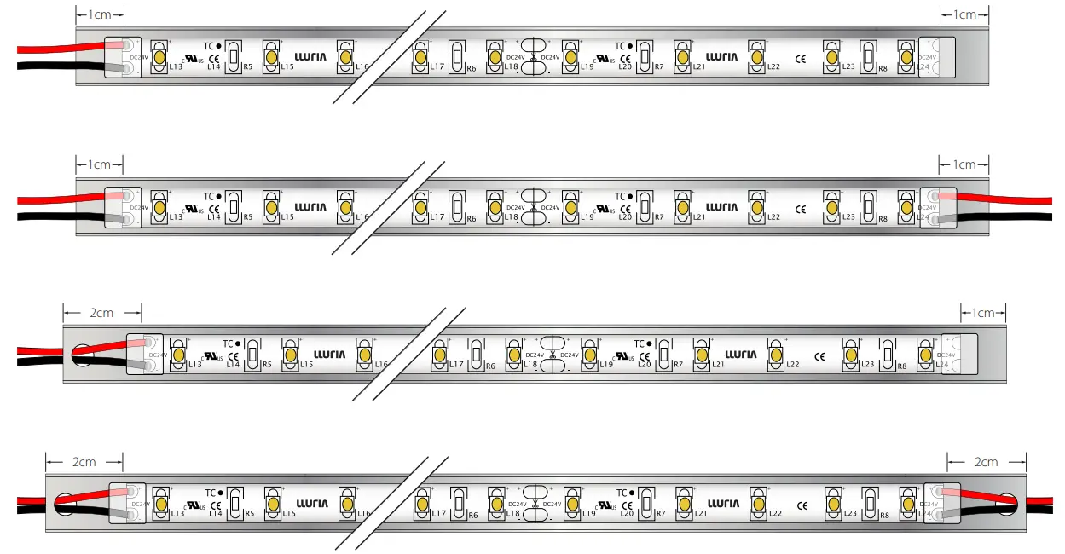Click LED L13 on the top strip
pos(159,56)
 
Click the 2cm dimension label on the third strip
pos(101,313)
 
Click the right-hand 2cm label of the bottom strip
pos(986,462)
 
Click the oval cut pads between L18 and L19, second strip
pos(533,206)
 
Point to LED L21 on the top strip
pos(682,56)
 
